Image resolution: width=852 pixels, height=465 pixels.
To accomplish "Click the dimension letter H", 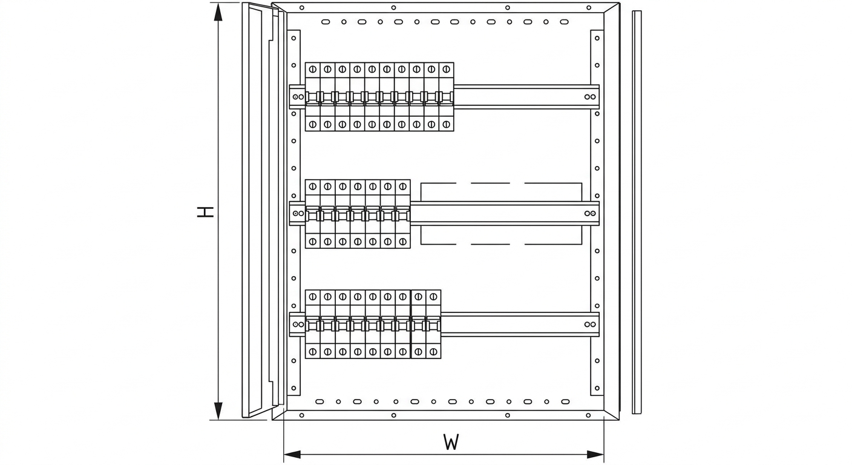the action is pos(205,212).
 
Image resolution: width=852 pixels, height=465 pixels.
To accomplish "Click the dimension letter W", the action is pos(451,442).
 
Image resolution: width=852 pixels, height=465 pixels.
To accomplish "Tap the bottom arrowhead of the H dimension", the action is pos(218,411).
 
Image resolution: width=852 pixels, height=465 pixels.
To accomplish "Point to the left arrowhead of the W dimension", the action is pos(292,454).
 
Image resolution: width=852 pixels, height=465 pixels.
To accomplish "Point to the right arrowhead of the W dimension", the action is pos(595,454).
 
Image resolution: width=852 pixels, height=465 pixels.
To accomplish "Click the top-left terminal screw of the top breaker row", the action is pos(313,69).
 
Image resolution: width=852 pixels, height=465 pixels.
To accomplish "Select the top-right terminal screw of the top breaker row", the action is pos(447,69).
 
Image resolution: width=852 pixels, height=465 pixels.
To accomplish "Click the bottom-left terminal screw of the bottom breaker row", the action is pos(313,352).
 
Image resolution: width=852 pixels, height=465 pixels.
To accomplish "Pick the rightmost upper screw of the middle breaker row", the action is pos(403,186).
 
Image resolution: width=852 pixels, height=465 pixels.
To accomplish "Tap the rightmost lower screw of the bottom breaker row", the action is pos(433,352).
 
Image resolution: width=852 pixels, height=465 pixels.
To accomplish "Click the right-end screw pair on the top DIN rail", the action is pos(590,97).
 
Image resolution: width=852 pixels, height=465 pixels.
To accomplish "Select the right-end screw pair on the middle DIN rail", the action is pos(590,214).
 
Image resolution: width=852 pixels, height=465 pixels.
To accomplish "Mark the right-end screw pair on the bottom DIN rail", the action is pos(590,325).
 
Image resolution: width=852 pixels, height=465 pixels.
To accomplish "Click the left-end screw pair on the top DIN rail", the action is pos(298,97).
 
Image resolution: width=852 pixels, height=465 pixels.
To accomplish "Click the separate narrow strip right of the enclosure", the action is pos(637,212).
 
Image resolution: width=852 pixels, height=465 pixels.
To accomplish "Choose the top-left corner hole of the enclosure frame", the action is pos(301,8).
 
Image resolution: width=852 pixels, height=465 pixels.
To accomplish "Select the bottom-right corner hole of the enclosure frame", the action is pos(588,415).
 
